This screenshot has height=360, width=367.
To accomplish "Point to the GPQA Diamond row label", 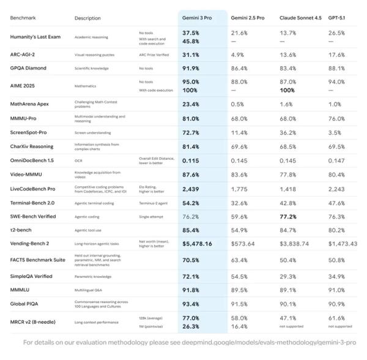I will click(28, 68).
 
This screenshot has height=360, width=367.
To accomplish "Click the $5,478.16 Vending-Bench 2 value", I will click(197, 243).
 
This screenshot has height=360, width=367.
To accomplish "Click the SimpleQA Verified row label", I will click(31, 276).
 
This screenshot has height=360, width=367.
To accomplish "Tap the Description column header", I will click(87, 18).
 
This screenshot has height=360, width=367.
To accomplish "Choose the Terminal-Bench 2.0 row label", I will click(33, 202).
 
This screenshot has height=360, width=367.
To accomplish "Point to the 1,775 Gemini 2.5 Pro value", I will click(239, 189).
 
